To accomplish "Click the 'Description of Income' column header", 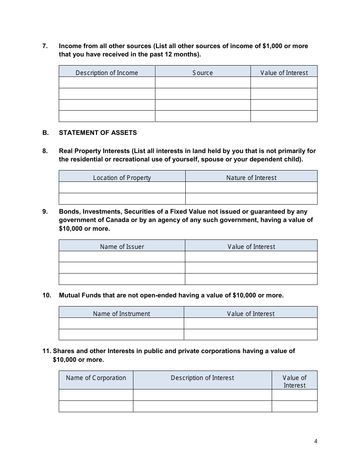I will [107, 73].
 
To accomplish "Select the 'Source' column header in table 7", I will [203, 73].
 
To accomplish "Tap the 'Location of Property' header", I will [122, 178].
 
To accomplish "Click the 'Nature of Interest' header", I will [251, 178].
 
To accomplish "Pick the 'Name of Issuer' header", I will [122, 247].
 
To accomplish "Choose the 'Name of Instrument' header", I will [122, 314].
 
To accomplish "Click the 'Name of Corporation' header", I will [96, 378].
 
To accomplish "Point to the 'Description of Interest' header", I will [202, 378].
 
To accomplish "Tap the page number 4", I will [316, 441].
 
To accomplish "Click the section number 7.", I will [45, 46].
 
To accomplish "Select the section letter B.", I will [45, 133].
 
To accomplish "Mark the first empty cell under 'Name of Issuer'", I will [122, 256].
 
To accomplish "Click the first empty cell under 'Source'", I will [203, 83].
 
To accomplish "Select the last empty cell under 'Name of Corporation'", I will [96, 406].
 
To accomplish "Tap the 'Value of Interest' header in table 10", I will [251, 314].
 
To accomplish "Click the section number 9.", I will [45, 211].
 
